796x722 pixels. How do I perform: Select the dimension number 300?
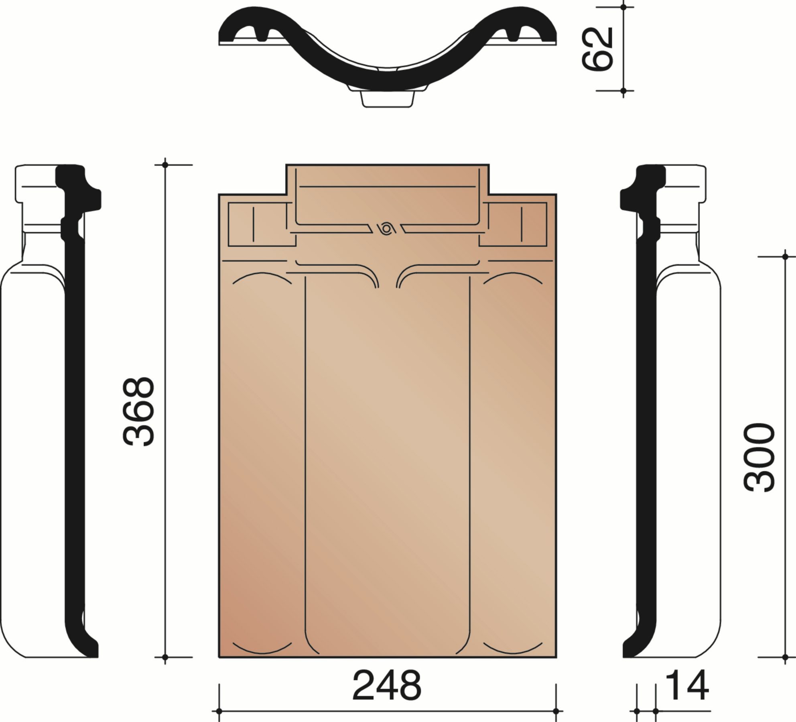[x=758, y=457]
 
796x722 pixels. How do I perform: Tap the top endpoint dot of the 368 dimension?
[x=165, y=165]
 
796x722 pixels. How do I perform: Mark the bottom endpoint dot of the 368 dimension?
[x=165, y=657]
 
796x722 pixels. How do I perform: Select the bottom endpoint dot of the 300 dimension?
[x=785, y=657]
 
